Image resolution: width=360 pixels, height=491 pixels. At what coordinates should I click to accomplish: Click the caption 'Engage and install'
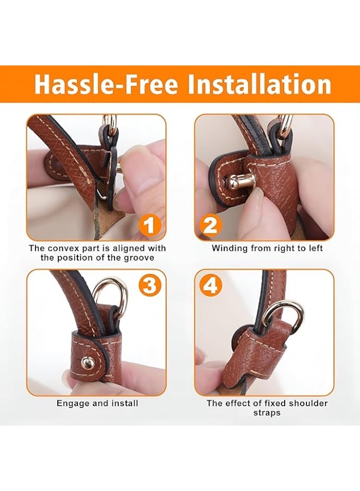(97, 404)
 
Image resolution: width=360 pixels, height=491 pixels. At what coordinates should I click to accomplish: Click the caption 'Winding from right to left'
(267, 248)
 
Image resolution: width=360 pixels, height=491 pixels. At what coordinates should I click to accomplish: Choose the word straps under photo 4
(267, 413)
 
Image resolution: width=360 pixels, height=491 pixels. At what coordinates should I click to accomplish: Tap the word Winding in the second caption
(228, 248)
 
